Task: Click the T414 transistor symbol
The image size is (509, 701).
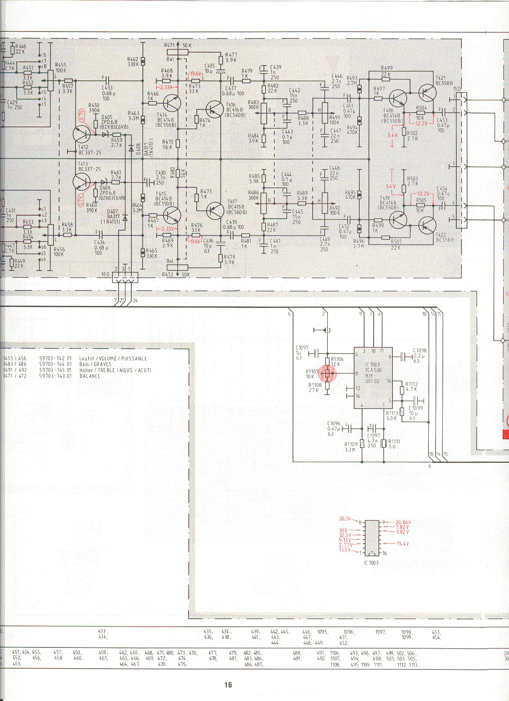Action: point(172,103)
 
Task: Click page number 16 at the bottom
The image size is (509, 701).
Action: point(228,685)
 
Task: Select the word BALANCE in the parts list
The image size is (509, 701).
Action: point(90,376)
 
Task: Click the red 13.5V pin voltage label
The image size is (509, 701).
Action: point(345,550)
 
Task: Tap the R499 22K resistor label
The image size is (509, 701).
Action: point(386,71)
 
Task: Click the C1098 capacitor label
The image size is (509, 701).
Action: point(420,350)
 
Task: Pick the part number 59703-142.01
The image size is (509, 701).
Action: point(55,358)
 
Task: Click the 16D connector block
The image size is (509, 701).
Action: point(125,277)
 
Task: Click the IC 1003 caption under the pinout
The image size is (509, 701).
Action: point(371,563)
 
